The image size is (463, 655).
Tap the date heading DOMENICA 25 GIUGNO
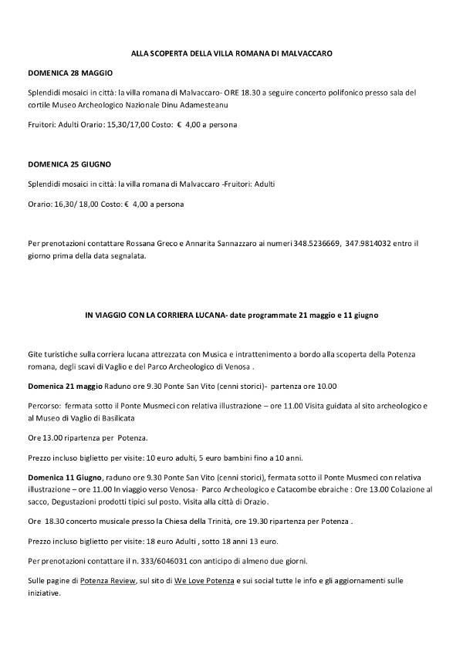(69, 164)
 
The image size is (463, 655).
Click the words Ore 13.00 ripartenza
(66, 437)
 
